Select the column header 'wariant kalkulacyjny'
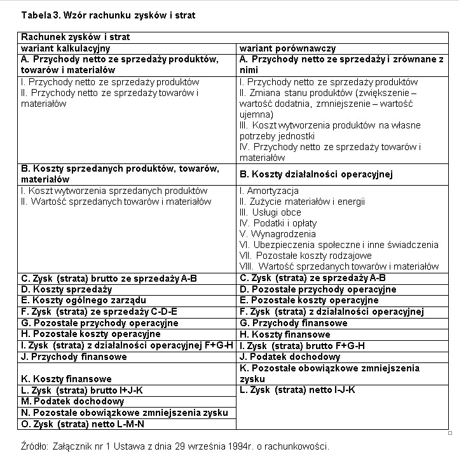66,48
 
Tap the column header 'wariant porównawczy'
287,48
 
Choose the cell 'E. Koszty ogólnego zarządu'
75,300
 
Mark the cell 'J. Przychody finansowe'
74,357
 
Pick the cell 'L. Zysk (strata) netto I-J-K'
297,390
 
